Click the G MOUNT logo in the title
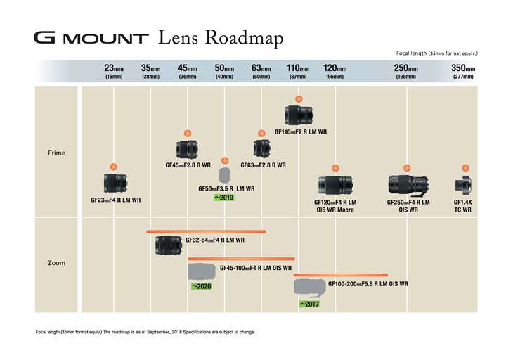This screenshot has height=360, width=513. coord(91,37)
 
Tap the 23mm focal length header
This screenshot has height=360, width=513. coord(114,71)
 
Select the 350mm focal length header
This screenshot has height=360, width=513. coord(463,71)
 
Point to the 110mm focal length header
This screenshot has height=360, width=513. coord(298,71)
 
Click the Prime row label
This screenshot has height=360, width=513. coord(56,153)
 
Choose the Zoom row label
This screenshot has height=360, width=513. coord(56,263)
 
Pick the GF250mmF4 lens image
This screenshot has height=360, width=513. coord(408,185)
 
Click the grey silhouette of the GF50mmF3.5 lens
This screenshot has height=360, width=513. coord(225,174)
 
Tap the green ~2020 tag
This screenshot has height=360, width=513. coord(202,286)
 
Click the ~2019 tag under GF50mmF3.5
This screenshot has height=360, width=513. coord(223,198)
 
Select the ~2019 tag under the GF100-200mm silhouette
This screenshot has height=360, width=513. coord(309,304)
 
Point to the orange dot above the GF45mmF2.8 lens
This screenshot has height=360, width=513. coord(188,133)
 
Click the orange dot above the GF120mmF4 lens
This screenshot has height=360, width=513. coord(335,167)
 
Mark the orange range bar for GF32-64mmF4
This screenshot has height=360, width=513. coord(206,231)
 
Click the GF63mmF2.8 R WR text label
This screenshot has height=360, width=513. coord(263,165)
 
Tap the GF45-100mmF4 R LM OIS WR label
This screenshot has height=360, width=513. coord(256,268)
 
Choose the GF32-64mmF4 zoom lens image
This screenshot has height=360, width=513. coord(169,245)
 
